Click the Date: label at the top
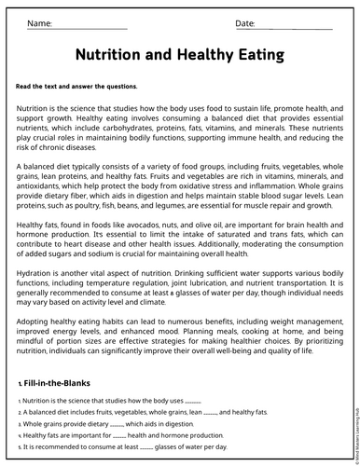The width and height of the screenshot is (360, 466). [245, 22]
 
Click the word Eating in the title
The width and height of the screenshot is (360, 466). [250, 55]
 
